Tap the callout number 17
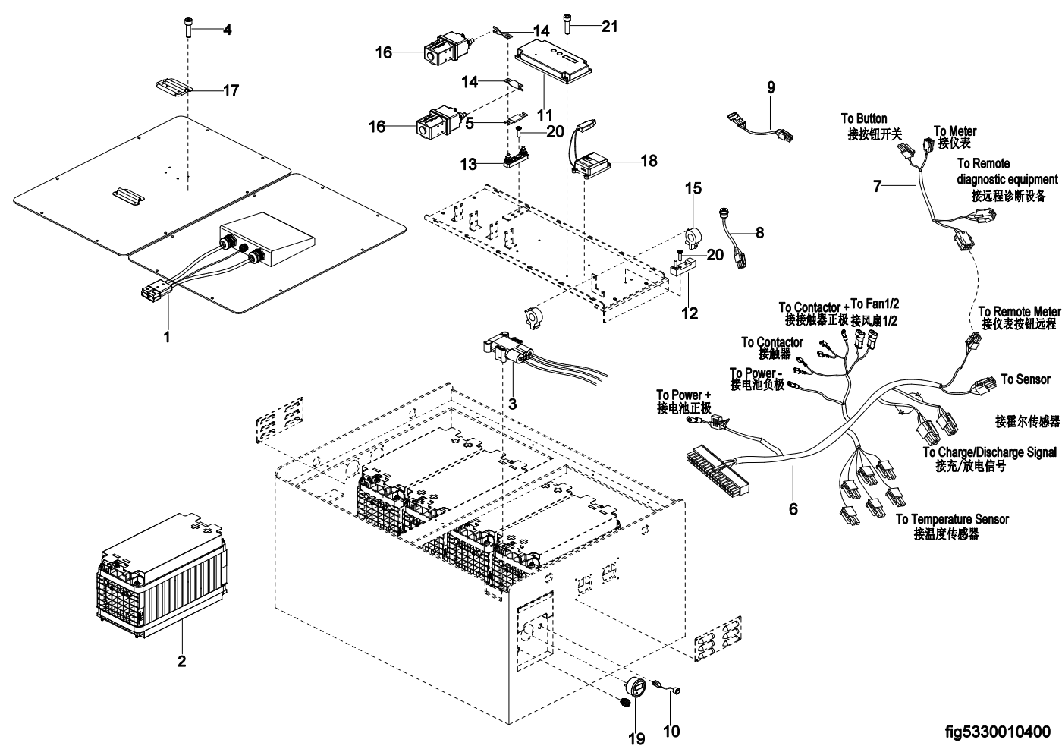click(231, 90)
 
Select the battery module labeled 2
click(161, 575)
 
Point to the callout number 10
click(671, 731)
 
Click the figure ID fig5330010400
click(998, 732)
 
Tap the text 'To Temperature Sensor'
click(952, 519)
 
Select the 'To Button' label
click(864, 118)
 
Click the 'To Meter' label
click(955, 131)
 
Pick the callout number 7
click(877, 186)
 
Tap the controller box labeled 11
click(553, 61)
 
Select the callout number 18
click(649, 161)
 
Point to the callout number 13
click(469, 164)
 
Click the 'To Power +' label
click(683, 395)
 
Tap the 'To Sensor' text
click(1026, 379)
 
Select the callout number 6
click(793, 509)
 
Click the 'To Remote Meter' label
click(1020, 312)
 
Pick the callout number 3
click(512, 404)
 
